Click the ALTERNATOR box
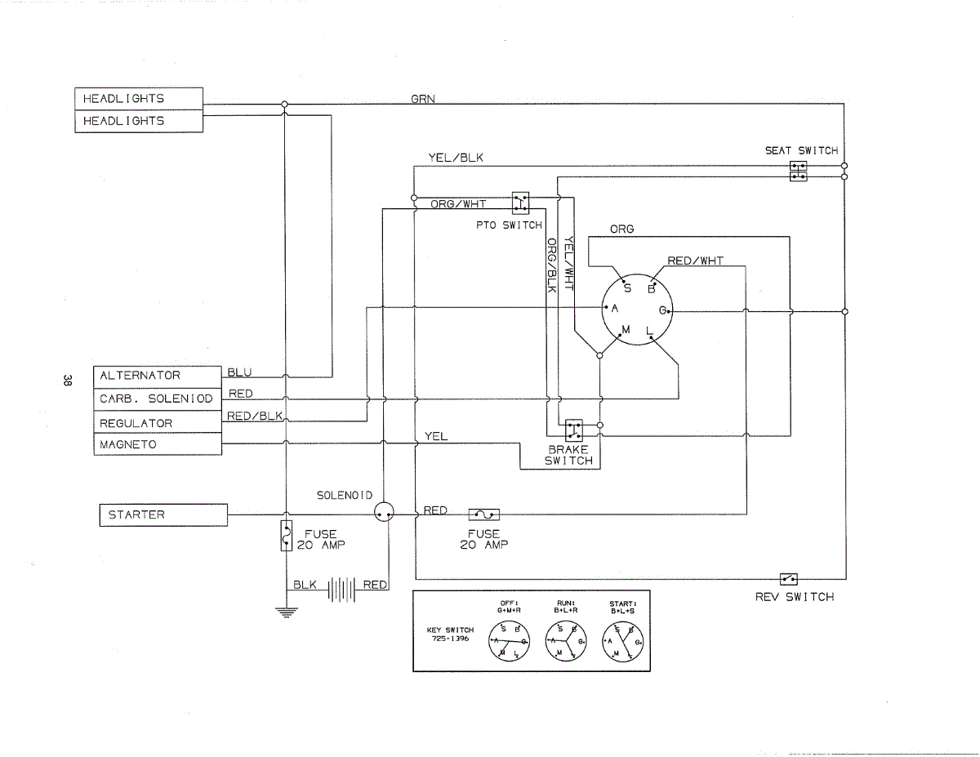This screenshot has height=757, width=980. [x=158, y=377]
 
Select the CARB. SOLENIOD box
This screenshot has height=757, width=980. [x=158, y=399]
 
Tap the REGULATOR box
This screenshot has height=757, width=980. [x=158, y=421]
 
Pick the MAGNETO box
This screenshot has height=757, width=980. [x=158, y=444]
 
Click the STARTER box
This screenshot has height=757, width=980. [x=163, y=515]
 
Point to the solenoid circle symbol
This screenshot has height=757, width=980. [x=384, y=513]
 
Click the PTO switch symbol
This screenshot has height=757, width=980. [x=520, y=203]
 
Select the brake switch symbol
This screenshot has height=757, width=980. [x=573, y=430]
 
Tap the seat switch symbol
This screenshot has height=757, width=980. [x=798, y=171]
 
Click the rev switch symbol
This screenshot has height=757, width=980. [x=788, y=578]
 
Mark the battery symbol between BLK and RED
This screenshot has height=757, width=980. [x=342, y=590]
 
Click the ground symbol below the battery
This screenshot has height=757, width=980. [x=287, y=612]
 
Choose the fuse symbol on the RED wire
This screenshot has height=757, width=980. [x=484, y=514]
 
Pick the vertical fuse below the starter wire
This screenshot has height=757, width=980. [x=287, y=536]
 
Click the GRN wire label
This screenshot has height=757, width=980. [x=423, y=99]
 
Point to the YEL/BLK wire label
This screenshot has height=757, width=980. [x=456, y=158]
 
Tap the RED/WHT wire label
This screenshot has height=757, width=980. [x=696, y=260]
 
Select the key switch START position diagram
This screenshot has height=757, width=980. [x=623, y=641]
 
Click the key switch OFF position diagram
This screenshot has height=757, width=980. [x=509, y=641]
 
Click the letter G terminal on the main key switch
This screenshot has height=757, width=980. [x=663, y=310]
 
